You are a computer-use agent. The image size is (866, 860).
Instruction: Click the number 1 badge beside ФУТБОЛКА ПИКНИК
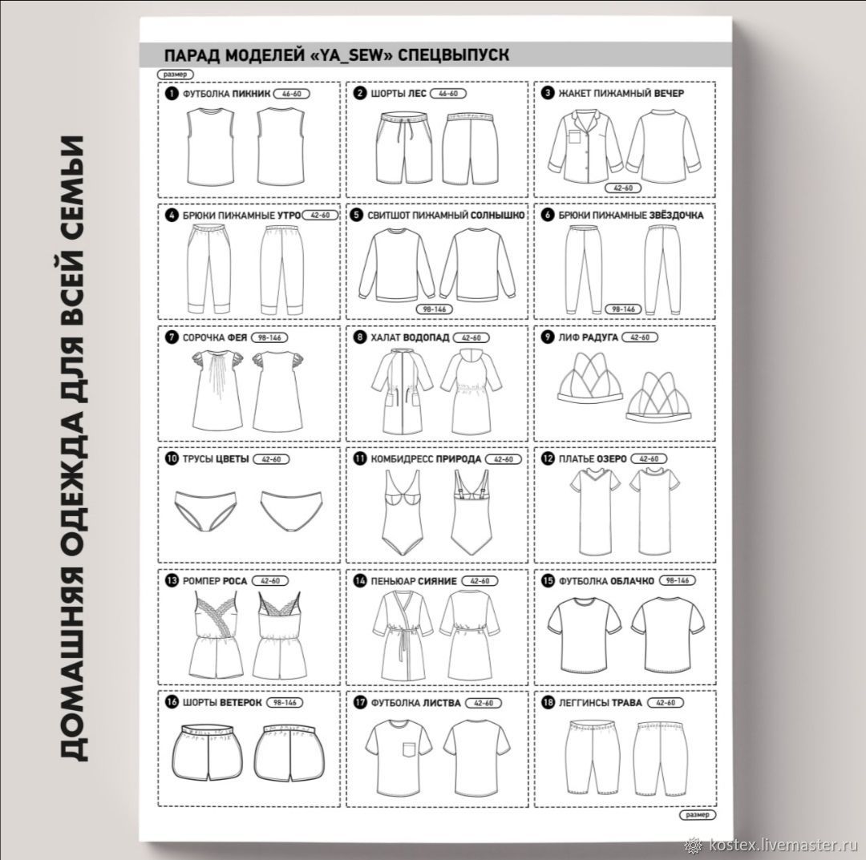point(172,93)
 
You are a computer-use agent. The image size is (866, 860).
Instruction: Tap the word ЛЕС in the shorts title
point(417,93)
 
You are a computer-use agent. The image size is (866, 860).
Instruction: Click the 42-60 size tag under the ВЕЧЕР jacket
point(623,188)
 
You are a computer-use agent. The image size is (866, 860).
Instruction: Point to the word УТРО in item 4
point(289,216)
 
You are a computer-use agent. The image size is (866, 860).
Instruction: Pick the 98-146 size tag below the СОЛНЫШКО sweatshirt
point(434,309)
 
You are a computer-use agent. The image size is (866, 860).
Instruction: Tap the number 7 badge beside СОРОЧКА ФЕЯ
point(172,337)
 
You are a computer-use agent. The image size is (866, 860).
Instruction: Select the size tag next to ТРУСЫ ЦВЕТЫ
point(271,459)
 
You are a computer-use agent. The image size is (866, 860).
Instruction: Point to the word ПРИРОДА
point(459,459)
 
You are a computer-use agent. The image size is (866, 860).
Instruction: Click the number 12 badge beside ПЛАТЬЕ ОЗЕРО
point(548,458)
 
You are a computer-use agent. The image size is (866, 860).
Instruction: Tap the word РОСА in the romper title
point(235,581)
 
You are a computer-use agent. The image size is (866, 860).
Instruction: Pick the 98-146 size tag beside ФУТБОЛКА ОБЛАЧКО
point(677,581)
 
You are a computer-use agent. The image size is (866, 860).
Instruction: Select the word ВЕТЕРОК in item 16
point(241,703)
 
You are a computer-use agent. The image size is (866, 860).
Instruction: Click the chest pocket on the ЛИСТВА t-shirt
point(409,749)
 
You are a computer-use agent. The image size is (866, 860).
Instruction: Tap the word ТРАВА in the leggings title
point(627,703)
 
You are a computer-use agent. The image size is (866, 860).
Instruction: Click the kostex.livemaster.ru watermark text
point(782,845)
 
